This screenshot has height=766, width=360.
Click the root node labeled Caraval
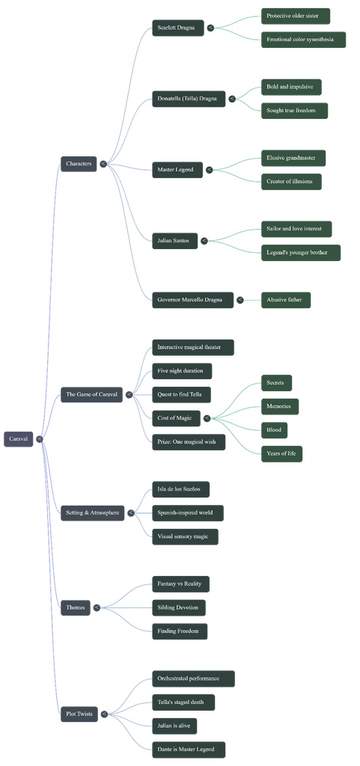pos(19,438)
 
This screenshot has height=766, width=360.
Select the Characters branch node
pos(79,164)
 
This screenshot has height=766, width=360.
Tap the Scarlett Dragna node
pos(178,28)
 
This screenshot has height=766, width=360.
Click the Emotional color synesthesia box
pos(303,40)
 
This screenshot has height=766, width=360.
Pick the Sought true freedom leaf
pos(295,111)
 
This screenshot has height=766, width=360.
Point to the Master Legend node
pos(177,170)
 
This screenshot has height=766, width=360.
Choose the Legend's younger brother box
pos(301,253)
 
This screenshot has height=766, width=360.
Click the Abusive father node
pos(286,300)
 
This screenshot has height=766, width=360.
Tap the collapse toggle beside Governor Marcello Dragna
pos(240,300)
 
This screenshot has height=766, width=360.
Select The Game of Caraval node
pos(91,394)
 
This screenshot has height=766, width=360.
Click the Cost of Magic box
pos(176,418)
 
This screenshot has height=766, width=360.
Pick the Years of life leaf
pos(282,454)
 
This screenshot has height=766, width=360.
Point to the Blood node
pos(275,430)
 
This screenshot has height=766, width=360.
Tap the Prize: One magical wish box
pos(189,442)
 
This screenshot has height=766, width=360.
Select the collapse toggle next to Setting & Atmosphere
pos(131,513)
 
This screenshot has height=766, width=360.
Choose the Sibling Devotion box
pos(179,607)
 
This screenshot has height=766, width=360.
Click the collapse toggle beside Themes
pos(97,607)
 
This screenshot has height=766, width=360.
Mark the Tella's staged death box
pos(183,702)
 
